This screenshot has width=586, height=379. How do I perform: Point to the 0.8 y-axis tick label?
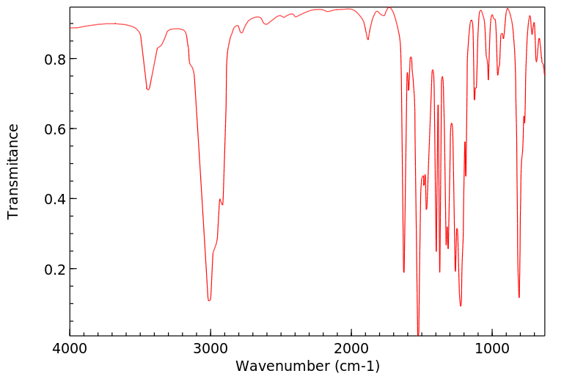48,59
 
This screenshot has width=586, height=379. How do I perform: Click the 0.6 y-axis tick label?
48,129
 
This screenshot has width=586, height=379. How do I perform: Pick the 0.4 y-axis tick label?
48,199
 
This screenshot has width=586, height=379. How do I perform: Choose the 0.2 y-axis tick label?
48,270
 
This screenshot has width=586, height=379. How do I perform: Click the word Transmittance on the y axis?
13,171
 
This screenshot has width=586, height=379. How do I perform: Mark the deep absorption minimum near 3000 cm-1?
209,300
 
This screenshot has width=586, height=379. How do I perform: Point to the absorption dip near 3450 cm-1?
148,90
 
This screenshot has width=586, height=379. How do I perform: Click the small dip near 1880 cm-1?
368,39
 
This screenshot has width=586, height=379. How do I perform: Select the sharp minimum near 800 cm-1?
519,297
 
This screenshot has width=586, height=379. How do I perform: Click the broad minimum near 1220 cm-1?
461,306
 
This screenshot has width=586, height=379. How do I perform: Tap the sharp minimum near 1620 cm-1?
404,272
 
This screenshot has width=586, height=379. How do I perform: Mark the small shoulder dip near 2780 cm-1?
241,32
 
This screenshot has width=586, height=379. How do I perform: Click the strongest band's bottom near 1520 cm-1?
419,334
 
